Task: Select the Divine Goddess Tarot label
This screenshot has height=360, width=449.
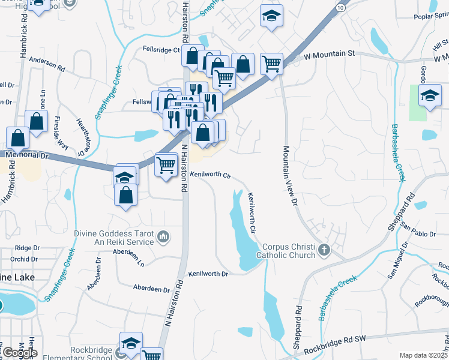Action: tap(114, 238)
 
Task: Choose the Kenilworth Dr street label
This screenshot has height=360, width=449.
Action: tap(208, 274)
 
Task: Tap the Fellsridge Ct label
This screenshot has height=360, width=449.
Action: tap(161, 50)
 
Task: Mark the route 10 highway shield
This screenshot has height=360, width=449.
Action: tap(340, 7)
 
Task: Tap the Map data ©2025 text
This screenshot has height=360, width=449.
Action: tap(423, 355)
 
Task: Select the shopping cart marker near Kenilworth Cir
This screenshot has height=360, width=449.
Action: tap(166, 165)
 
